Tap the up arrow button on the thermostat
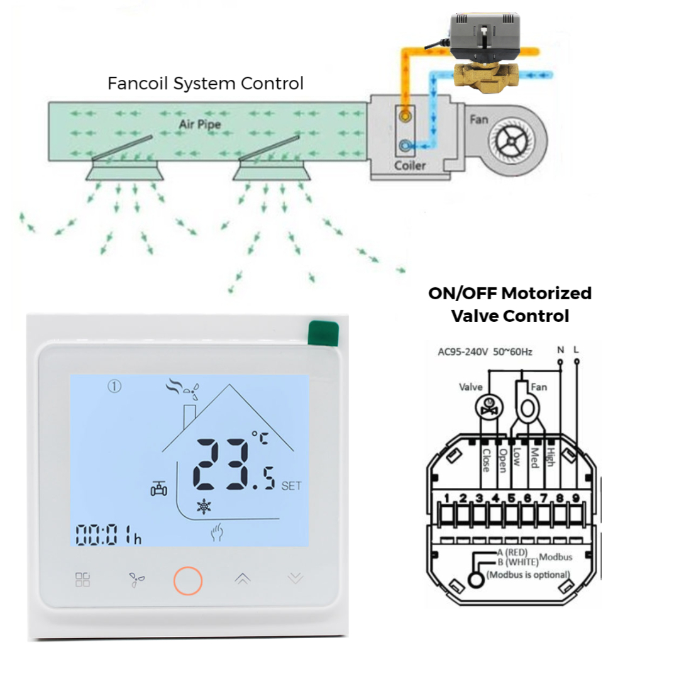tap(242, 579)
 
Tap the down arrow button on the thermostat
tap(295, 579)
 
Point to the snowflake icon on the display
tap(204, 507)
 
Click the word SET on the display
tap(292, 485)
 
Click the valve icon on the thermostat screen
tap(158, 488)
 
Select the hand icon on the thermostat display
tap(218, 534)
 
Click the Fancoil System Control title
tap(206, 83)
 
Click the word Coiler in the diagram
tap(409, 166)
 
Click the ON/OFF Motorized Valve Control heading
tap(510, 304)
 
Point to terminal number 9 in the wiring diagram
tap(575, 499)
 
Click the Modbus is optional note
tap(528, 575)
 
